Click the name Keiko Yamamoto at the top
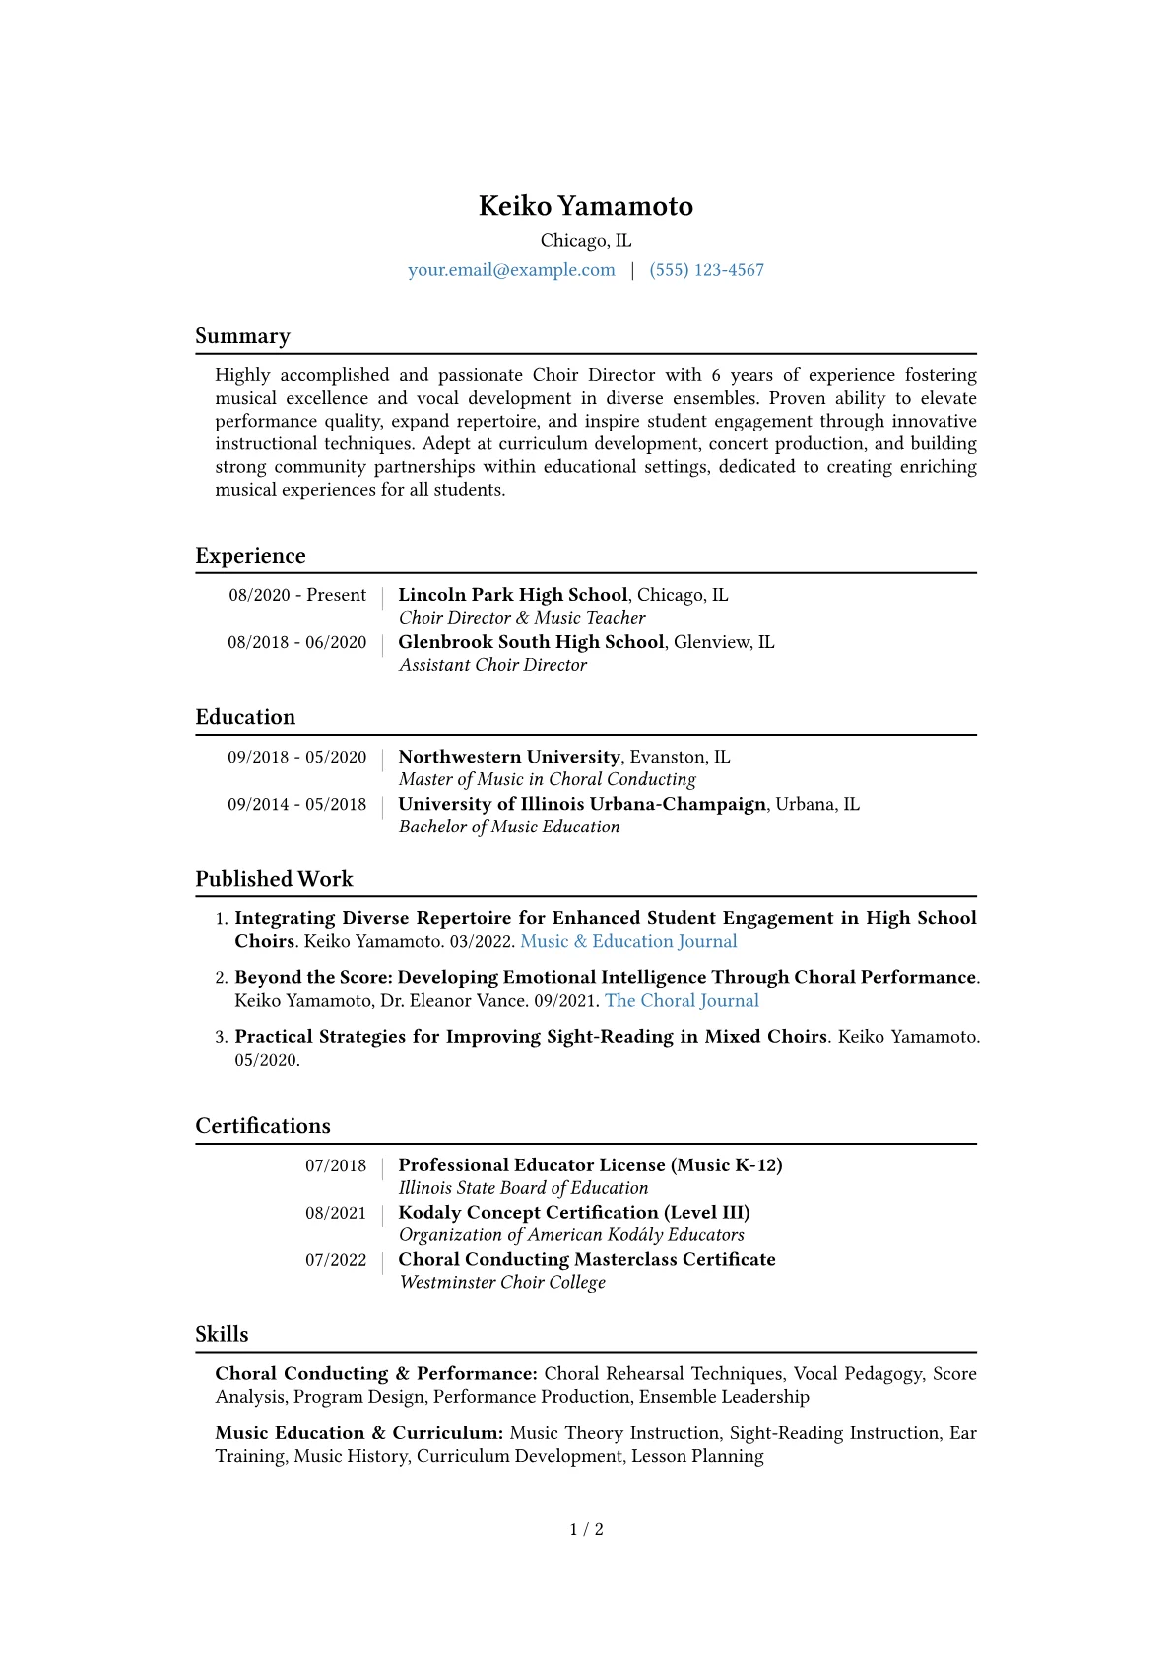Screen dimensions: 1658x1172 [586, 206]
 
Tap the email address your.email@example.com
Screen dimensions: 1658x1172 [511, 270]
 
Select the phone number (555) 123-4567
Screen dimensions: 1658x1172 [706, 270]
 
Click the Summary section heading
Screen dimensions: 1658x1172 [242, 336]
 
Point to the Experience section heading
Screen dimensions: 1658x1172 [250, 556]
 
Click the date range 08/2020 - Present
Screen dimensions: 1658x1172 [297, 595]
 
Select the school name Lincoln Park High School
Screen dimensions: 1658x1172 [512, 595]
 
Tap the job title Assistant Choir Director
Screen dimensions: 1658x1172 [492, 665]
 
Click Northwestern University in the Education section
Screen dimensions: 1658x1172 [509, 757]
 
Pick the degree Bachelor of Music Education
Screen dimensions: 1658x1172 [509, 827]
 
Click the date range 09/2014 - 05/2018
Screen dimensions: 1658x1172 [297, 804]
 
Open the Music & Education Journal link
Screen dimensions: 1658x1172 [628, 941]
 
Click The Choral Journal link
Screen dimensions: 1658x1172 [682, 1001]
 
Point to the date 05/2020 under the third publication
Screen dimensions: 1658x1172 [267, 1060]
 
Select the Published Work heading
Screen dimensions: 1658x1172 [274, 879]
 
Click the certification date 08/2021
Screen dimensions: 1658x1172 [336, 1213]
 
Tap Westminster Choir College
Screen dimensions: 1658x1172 [502, 1282]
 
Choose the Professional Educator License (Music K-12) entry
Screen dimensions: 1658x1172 [590, 1165]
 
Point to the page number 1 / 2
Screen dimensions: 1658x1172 [586, 1529]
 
